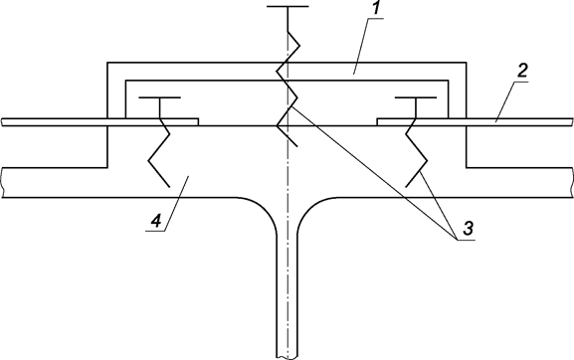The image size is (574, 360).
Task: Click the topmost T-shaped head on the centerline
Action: (287, 7)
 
